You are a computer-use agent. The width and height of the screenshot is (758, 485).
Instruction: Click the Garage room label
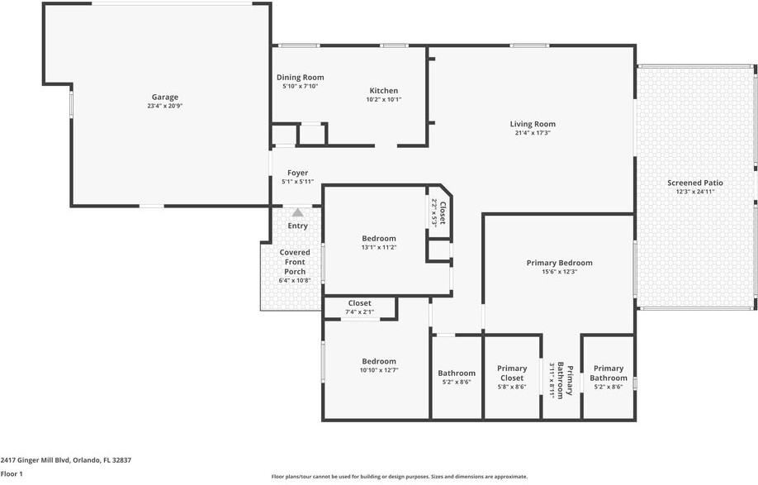(164, 97)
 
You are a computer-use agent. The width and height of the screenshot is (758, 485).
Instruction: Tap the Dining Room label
(300, 77)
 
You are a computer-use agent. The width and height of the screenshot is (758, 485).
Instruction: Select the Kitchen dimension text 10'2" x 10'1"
(383, 99)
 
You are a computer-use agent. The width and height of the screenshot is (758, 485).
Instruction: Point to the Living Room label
(533, 124)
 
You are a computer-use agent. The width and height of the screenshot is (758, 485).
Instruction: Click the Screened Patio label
(695, 183)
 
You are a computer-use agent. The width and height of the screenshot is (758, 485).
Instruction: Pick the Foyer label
(297, 173)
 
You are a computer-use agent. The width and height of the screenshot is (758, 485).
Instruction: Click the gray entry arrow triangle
(297, 212)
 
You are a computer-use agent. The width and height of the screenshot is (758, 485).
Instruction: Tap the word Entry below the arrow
(297, 226)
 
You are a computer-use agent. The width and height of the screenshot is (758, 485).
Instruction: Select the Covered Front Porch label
(295, 262)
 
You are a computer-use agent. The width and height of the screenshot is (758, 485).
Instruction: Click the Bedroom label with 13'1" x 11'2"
(379, 238)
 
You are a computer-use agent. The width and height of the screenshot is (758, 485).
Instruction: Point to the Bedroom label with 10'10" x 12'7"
(379, 361)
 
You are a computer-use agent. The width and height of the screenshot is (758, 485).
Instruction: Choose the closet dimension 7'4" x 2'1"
(359, 312)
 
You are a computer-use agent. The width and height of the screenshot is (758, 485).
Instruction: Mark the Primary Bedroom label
(559, 263)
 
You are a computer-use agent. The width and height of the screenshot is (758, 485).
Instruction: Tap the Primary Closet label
(512, 373)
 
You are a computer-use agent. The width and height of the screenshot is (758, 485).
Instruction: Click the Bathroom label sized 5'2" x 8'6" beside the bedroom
(457, 373)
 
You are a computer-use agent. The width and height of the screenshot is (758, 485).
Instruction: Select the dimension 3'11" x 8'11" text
(553, 380)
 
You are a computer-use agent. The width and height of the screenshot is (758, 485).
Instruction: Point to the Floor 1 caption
(12, 473)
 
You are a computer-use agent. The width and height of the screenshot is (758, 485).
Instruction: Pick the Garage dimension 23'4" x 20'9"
(164, 106)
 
